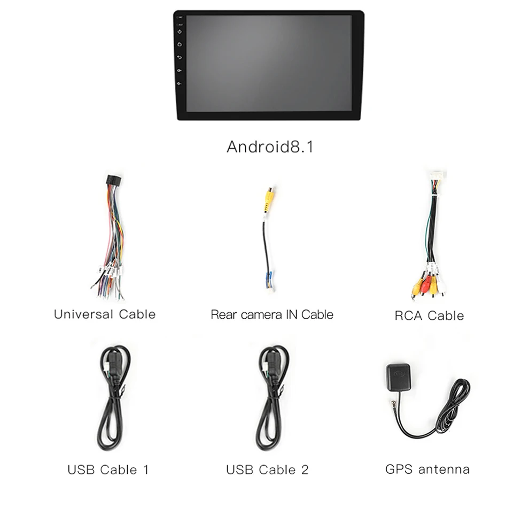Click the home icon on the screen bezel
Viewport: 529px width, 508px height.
(180, 44)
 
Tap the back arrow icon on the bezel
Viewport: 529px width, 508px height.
(180, 57)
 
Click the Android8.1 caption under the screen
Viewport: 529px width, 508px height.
(270, 147)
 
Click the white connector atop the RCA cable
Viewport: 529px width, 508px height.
(437, 176)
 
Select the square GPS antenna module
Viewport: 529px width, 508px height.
(398, 375)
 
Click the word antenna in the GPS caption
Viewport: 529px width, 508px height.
(444, 469)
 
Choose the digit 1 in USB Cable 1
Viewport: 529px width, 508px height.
(145, 470)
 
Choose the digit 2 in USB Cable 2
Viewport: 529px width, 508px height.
(305, 470)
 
